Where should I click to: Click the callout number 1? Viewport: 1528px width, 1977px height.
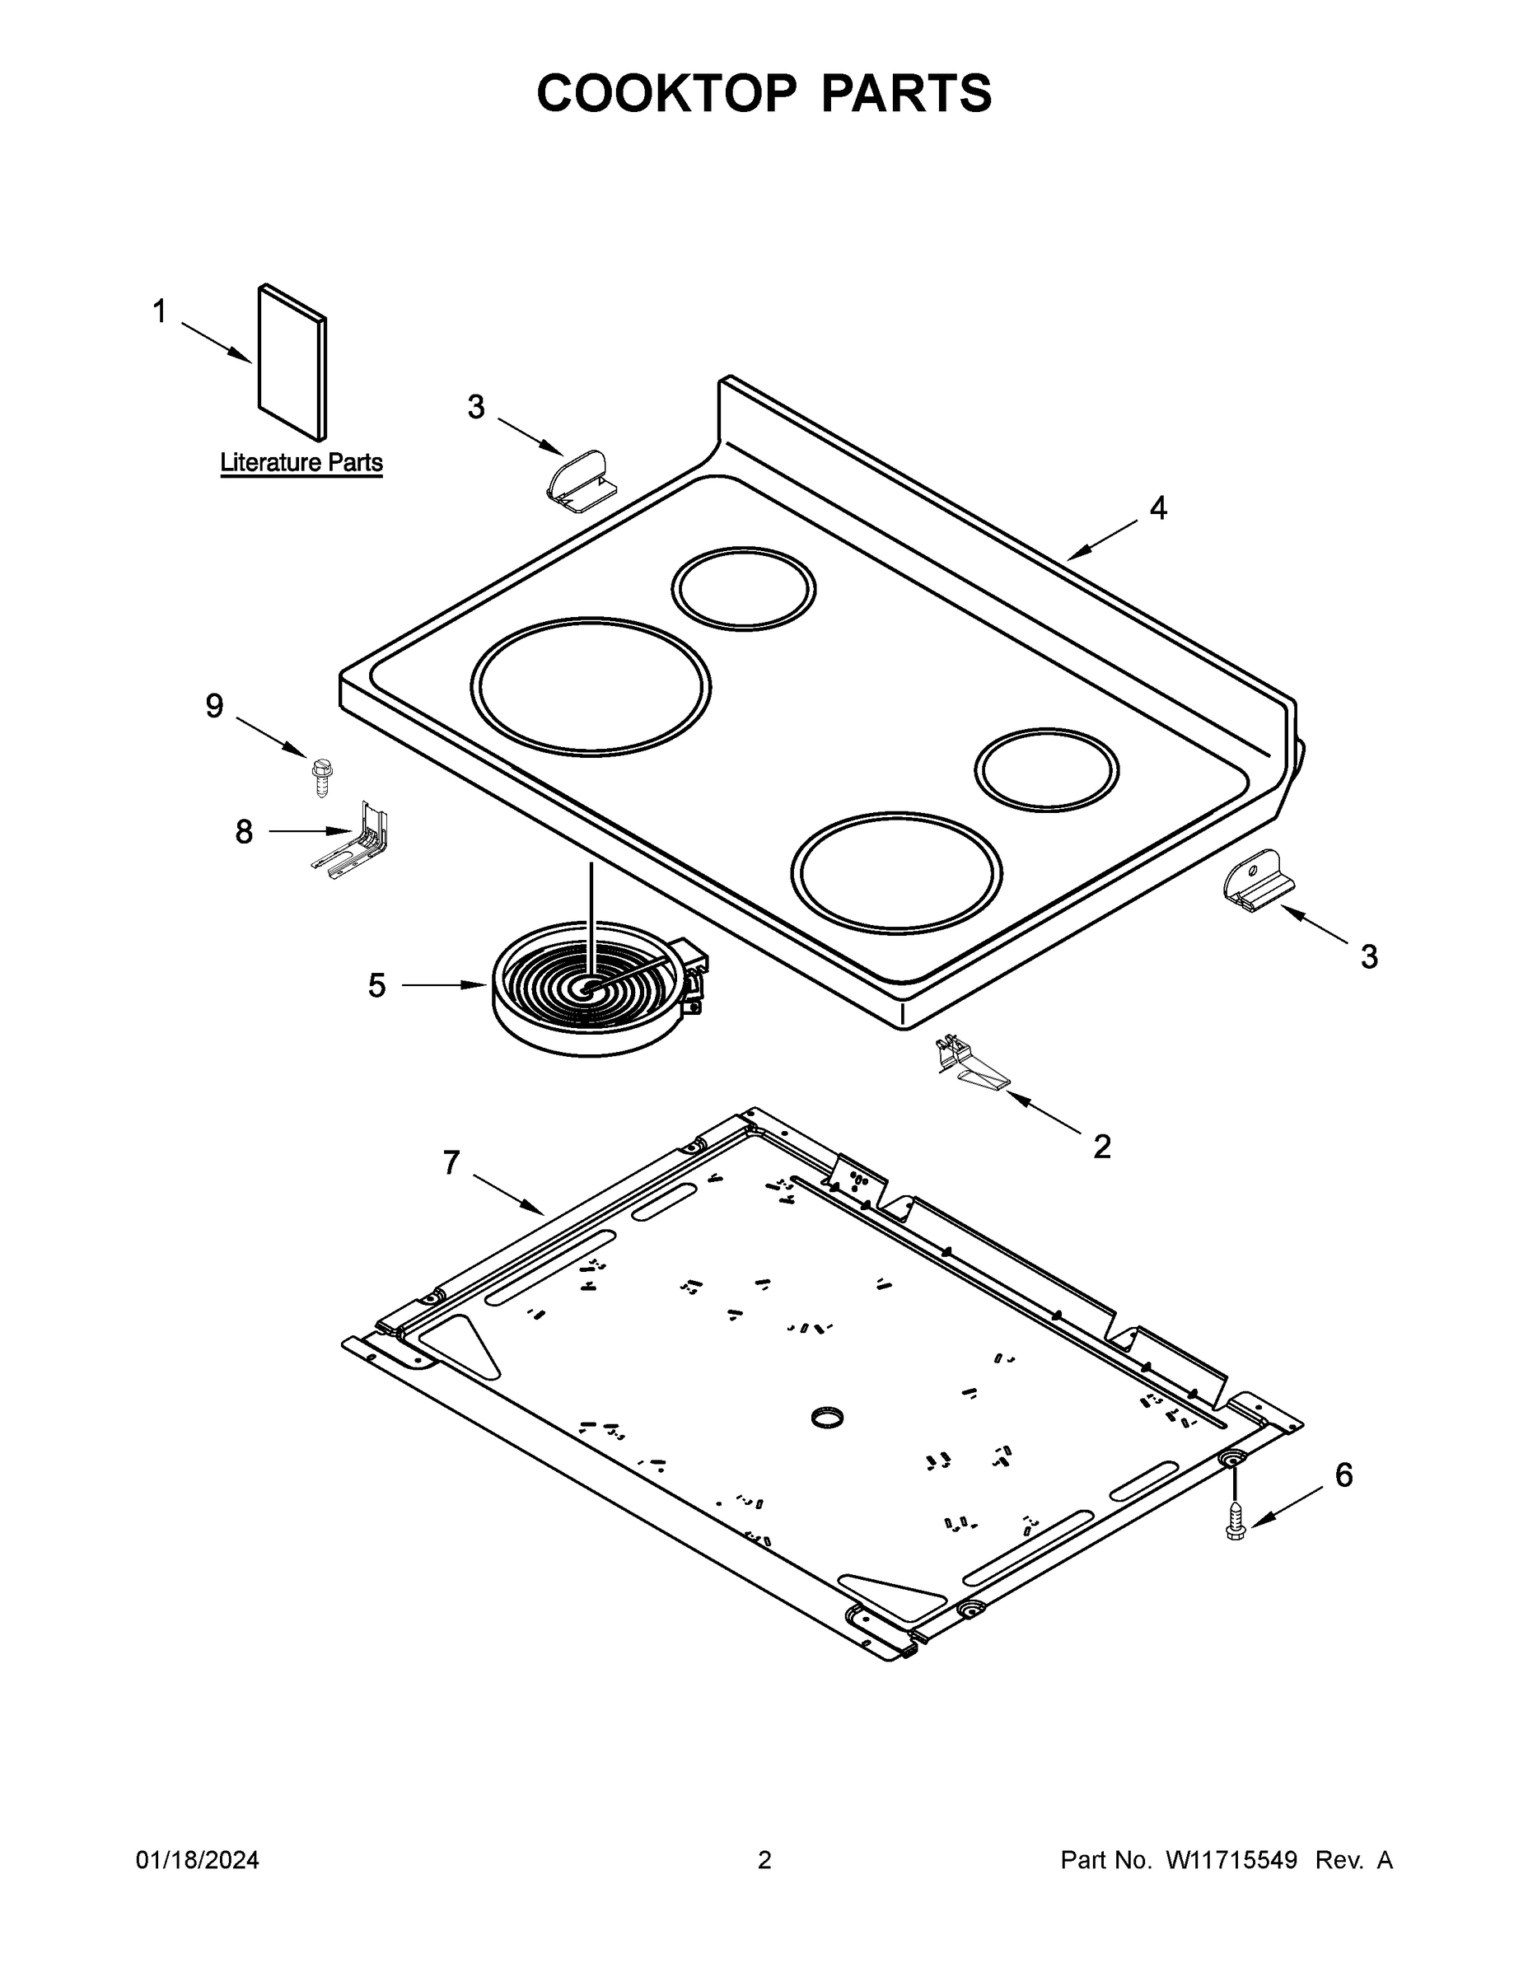(159, 311)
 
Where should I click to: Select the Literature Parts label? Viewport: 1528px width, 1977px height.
(301, 463)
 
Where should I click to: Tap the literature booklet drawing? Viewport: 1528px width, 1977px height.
(292, 362)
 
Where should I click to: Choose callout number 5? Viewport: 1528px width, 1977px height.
(376, 985)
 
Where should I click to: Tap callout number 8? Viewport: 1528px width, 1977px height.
(244, 831)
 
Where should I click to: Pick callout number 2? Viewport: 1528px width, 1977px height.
(1101, 1147)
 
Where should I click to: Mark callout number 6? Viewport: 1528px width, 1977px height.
(1343, 1475)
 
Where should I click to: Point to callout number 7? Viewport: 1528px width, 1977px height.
(451, 1162)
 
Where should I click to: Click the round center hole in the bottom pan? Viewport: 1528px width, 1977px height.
(826, 1418)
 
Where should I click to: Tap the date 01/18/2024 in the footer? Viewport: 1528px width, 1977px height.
(198, 1859)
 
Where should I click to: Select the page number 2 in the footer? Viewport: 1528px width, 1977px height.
(764, 1859)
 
